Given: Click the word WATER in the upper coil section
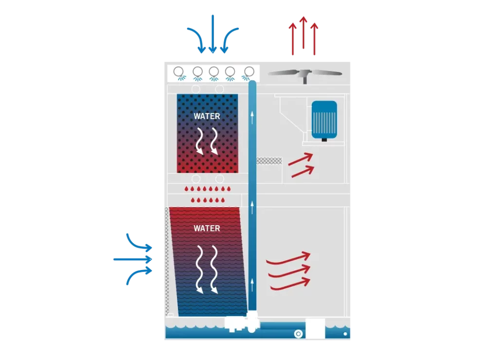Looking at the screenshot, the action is (x=207, y=116).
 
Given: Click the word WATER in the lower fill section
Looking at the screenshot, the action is (x=207, y=229).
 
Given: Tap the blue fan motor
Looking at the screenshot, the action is (x=324, y=120).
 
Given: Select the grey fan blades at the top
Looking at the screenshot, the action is (x=305, y=73).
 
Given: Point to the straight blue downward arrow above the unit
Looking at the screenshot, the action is (x=213, y=34).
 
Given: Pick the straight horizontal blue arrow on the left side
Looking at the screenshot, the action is (x=133, y=259).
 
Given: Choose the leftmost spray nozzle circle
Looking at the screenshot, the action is (x=178, y=72).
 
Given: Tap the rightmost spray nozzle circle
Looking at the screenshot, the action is (x=249, y=72).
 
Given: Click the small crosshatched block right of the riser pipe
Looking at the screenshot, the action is (x=269, y=161).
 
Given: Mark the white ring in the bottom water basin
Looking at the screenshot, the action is (x=298, y=334).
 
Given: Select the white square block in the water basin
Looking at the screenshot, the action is (x=315, y=328).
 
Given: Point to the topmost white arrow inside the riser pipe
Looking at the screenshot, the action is (x=252, y=117).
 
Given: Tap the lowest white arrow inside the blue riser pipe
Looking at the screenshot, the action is (x=252, y=285).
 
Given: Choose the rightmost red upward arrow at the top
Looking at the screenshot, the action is (x=315, y=39).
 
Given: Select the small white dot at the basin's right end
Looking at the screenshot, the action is (x=345, y=334).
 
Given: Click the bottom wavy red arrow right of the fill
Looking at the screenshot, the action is (x=290, y=285).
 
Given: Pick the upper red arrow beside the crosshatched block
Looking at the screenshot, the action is (x=301, y=160).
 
